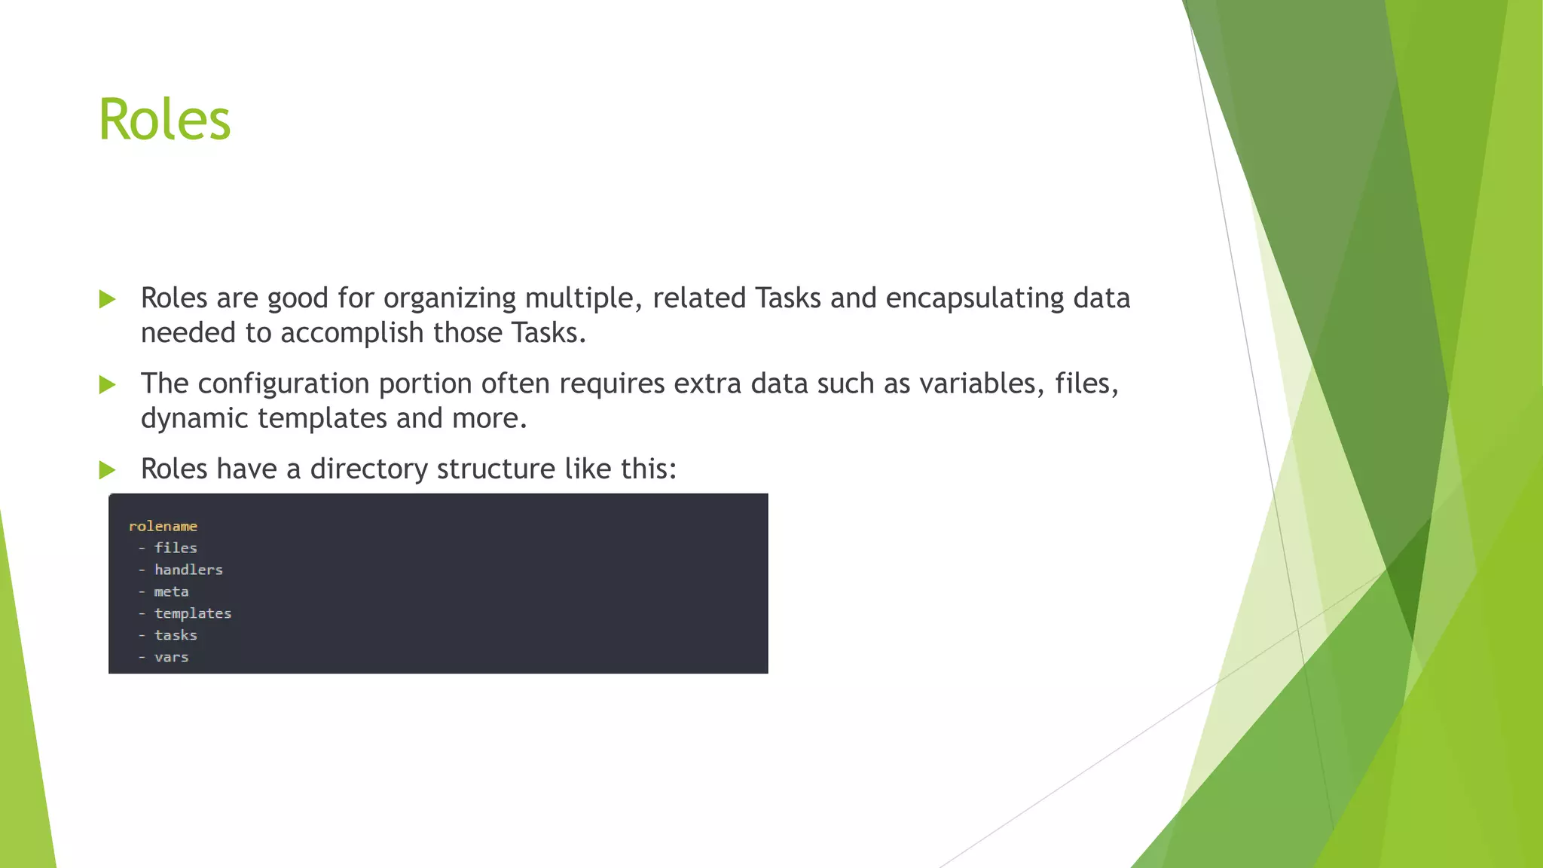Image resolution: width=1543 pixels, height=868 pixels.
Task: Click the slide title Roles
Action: (164, 120)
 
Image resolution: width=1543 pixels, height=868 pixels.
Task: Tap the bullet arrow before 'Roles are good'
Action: (107, 299)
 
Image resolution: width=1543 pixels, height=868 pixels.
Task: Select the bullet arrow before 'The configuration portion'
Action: (107, 385)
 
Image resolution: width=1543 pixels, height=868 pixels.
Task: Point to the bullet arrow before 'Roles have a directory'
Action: (107, 470)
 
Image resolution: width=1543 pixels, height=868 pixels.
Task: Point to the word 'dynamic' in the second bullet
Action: (194, 419)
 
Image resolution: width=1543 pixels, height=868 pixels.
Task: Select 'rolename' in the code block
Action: (163, 526)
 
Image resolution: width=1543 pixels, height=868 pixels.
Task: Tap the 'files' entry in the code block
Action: (176, 548)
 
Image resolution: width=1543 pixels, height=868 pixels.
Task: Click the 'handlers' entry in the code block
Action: (188, 570)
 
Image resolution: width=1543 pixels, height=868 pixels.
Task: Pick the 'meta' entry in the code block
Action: (171, 591)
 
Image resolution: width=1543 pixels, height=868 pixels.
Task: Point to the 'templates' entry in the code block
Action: (193, 613)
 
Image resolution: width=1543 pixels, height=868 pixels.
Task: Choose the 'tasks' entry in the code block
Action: (176, 635)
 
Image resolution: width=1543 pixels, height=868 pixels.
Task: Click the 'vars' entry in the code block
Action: (171, 657)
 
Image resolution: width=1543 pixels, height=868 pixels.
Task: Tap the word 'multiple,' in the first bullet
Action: (584, 299)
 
